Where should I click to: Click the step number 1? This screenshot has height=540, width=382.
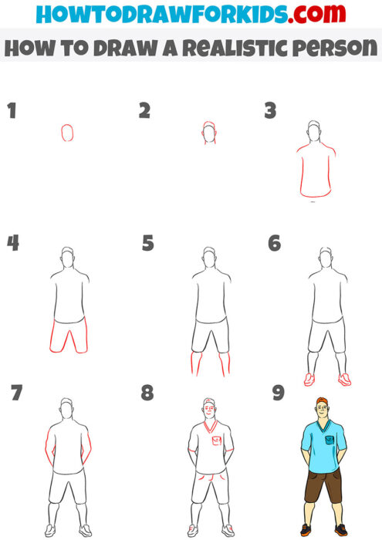12,110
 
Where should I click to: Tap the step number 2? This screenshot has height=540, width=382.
144,110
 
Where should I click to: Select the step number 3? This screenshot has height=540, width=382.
271,110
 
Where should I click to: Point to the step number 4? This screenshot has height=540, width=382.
12,243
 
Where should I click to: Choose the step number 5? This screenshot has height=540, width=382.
148,244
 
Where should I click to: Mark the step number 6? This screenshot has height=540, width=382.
274,244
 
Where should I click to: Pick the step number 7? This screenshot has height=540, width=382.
16,393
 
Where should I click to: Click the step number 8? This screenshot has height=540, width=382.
148,393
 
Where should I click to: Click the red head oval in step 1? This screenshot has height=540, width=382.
67,133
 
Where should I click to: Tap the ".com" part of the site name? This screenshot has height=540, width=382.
323,14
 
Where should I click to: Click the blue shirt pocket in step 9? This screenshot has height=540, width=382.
330,439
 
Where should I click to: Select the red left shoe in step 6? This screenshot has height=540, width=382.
309,379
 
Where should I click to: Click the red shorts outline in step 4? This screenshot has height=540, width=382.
68,336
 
